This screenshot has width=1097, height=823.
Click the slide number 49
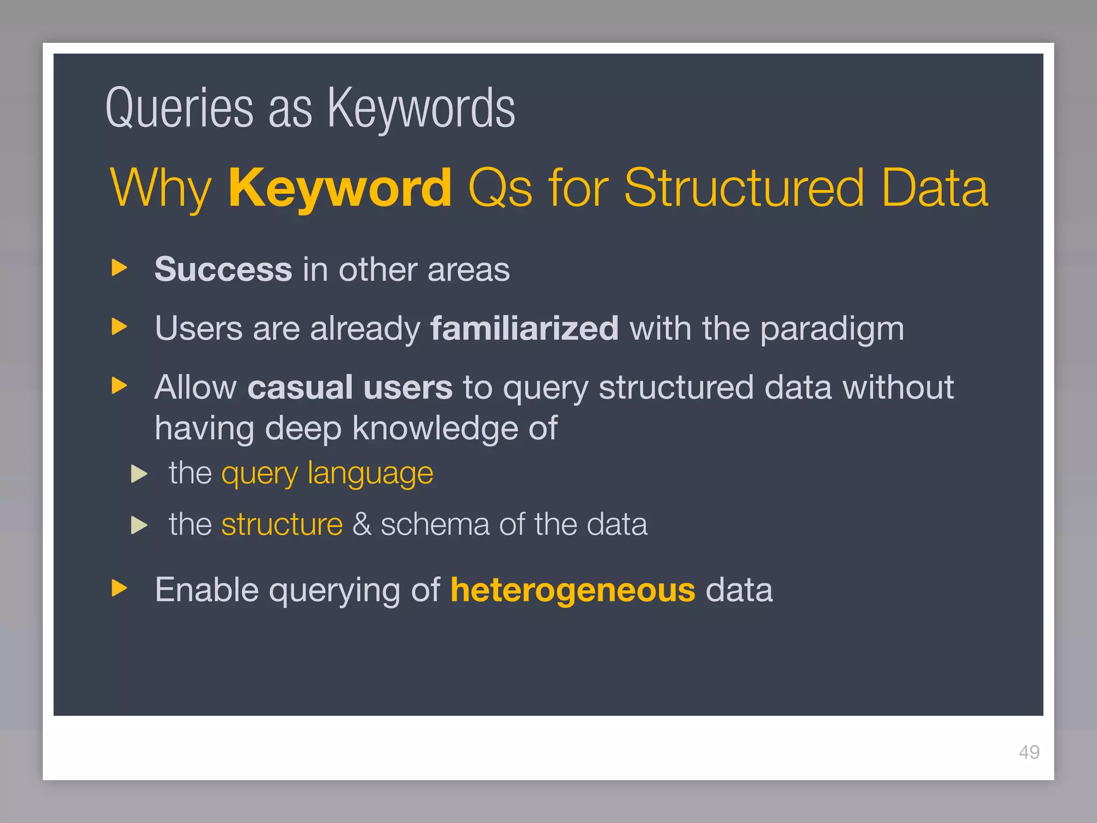(1029, 752)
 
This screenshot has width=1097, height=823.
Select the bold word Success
(223, 269)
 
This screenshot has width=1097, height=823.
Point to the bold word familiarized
(524, 328)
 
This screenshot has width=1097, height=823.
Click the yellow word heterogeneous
(573, 590)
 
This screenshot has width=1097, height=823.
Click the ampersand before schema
(362, 524)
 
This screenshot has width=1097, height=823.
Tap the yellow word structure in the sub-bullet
(282, 524)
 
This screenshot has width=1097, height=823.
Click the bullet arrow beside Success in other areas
(119, 267)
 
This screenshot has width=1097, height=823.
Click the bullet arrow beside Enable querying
(119, 588)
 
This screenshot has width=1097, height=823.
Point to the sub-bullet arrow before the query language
(139, 473)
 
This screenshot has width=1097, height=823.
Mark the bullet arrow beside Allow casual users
(119, 385)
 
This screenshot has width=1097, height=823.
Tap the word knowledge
(435, 429)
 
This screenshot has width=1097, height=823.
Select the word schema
(434, 524)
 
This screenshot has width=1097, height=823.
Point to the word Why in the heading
(161, 189)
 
